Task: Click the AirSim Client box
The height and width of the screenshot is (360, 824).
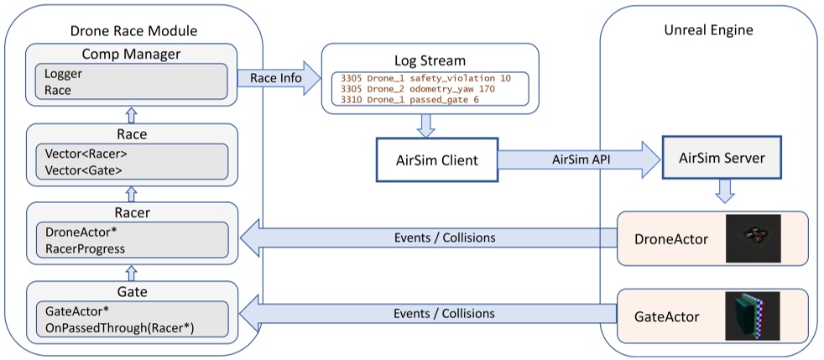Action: click(436, 159)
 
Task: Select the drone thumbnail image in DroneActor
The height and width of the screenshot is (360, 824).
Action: click(753, 239)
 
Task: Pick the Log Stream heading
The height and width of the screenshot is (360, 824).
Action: click(428, 60)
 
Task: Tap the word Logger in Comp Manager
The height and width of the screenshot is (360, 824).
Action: click(64, 74)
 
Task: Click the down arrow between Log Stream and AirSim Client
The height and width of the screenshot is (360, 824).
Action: click(426, 124)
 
